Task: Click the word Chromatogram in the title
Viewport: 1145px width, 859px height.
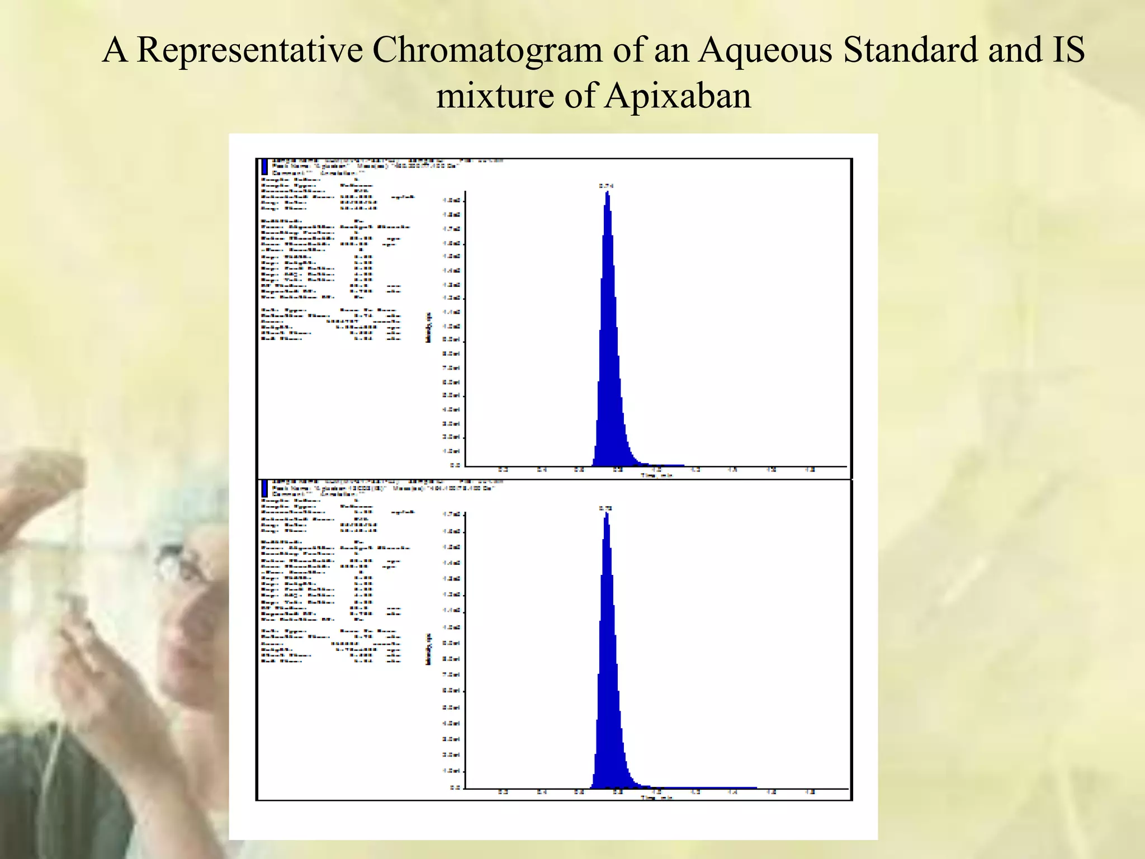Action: click(x=488, y=50)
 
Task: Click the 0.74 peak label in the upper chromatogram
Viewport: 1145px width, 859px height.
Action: click(x=606, y=186)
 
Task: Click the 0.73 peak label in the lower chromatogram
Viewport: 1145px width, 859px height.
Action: click(x=605, y=508)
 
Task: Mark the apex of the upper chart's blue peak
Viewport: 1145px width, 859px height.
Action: click(x=608, y=193)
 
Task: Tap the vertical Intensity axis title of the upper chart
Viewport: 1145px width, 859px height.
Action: click(x=429, y=328)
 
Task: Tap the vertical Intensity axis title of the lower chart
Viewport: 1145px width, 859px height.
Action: click(x=429, y=649)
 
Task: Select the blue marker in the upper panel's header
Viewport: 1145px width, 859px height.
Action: click(x=265, y=167)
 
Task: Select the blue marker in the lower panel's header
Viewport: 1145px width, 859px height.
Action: click(x=265, y=488)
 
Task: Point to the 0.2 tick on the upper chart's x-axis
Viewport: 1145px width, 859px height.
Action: click(x=503, y=470)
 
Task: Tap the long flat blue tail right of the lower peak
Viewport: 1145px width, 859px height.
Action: click(x=704, y=787)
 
